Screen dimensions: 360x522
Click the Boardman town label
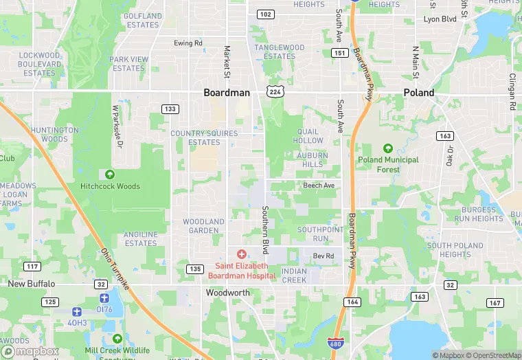[227, 93]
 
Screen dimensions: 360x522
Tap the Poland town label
[419, 93]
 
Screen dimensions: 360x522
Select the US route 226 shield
[275, 91]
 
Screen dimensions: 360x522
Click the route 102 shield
[265, 14]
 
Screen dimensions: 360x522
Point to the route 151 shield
[339, 53]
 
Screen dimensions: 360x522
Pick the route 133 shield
[170, 109]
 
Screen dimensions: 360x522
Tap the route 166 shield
[353, 302]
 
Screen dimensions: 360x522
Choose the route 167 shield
[495, 302]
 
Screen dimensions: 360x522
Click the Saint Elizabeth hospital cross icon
[241, 255]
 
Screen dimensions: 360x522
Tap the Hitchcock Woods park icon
[110, 175]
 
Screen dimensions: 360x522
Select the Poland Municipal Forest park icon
[388, 148]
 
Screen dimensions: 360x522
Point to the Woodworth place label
[228, 292]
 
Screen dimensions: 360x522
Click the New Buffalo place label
[31, 283]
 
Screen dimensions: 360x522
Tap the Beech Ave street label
[319, 185]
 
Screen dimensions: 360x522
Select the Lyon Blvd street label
[440, 19]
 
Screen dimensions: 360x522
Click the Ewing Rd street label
[188, 43]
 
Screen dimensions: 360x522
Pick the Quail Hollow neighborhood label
[308, 136]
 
